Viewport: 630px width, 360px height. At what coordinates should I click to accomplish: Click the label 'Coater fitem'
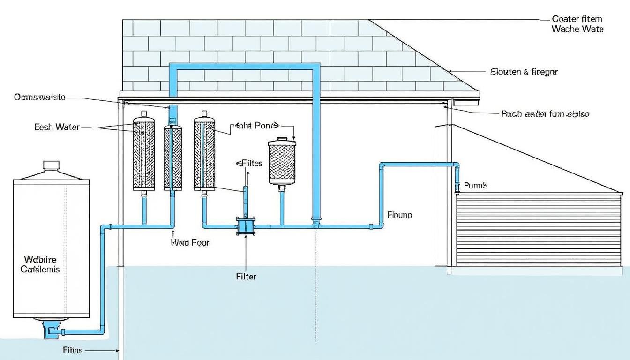coord(577,19)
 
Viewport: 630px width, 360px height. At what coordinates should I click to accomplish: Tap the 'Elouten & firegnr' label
coord(524,72)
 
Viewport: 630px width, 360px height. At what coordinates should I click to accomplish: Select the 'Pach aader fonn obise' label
coord(545,114)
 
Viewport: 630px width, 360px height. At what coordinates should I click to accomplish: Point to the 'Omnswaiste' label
coord(39,97)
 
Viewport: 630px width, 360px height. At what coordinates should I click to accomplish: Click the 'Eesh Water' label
coord(57,127)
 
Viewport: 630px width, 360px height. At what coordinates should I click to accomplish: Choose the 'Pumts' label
coord(475,186)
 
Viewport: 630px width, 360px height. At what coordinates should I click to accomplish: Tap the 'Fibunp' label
coord(400,215)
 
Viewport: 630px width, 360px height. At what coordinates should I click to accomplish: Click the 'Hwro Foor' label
coord(190,243)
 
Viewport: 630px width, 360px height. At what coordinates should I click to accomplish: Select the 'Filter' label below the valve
coord(246,277)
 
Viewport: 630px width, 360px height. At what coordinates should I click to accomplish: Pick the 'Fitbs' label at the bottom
coord(73,350)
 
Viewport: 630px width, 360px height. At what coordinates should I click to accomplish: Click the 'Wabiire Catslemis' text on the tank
coord(40,264)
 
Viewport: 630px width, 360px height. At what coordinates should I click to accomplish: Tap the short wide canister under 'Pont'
coord(282,161)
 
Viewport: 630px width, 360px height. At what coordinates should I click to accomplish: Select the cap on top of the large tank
coord(51,166)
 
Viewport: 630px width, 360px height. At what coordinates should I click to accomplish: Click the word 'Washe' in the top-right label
coord(565,29)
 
